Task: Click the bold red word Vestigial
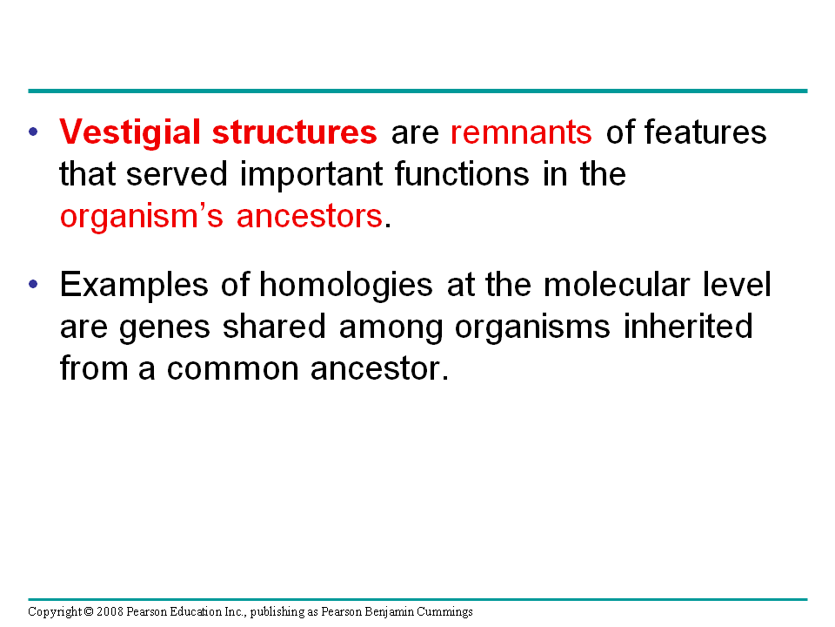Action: coord(130,132)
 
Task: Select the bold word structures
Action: coord(295,131)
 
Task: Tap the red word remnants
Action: coord(521,132)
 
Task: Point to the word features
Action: coord(705,131)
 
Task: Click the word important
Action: coord(311,175)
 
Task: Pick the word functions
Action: coord(462,174)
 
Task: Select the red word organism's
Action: coord(141,217)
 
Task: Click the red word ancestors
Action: coord(310,217)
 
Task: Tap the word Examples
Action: coord(134,285)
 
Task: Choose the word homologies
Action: coord(345,285)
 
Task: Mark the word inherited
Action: coord(688,326)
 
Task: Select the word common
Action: coord(233,369)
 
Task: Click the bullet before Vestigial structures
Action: coord(34,131)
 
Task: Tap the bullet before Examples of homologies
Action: coord(34,284)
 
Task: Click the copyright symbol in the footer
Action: coord(89,611)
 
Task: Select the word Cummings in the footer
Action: coord(444,612)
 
